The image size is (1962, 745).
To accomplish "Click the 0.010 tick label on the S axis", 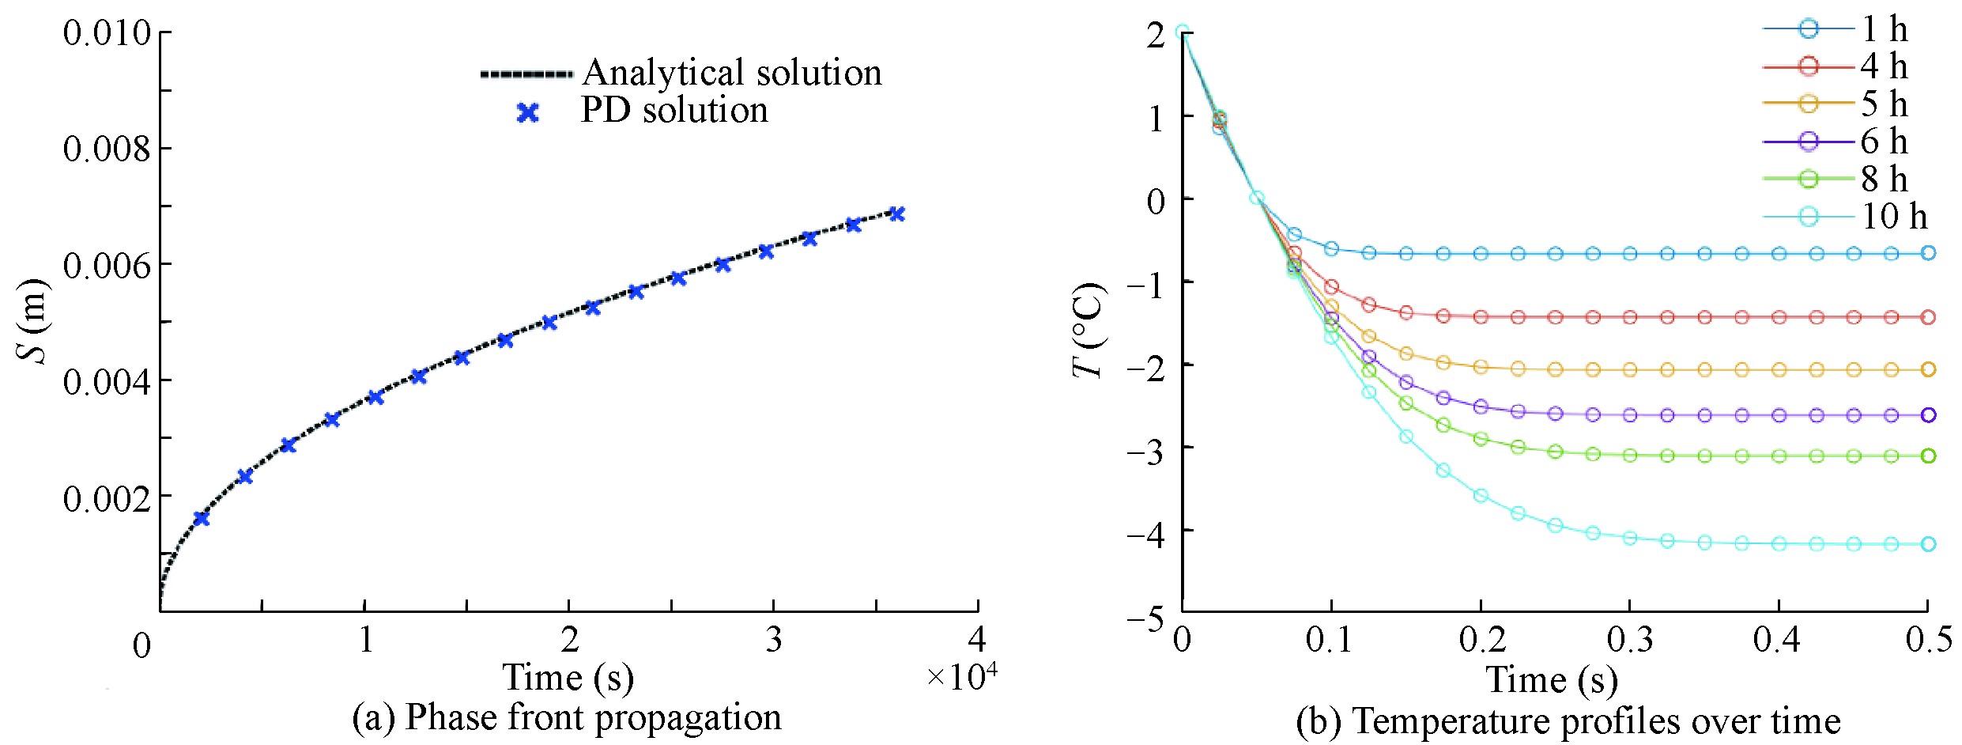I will pyautogui.click(x=107, y=33).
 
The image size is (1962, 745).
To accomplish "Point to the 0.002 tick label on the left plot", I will pyautogui.click(x=107, y=498).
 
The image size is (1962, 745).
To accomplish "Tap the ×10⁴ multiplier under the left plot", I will pyautogui.click(x=961, y=677).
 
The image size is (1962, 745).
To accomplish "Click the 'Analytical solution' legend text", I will pyautogui.click(x=732, y=73).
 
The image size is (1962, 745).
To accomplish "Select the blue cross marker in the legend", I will pyautogui.click(x=527, y=113).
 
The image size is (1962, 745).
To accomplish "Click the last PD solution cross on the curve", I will pyautogui.click(x=896, y=214).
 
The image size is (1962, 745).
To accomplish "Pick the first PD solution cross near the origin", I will pyautogui.click(x=202, y=518).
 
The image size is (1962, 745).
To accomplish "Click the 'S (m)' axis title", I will pyautogui.click(x=33, y=320).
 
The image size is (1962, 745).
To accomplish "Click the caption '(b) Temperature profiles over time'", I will pyautogui.click(x=1568, y=721).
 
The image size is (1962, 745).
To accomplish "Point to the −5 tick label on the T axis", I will pyautogui.click(x=1145, y=618).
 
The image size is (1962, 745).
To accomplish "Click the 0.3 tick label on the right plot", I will pyautogui.click(x=1630, y=639).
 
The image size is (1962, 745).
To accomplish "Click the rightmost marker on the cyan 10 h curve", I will pyautogui.click(x=1928, y=543).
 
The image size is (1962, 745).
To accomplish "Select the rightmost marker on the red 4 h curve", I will pyautogui.click(x=1928, y=317).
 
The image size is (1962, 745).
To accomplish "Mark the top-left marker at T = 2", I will pyautogui.click(x=1182, y=32).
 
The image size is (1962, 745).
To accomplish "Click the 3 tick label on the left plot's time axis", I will pyautogui.click(x=773, y=639).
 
